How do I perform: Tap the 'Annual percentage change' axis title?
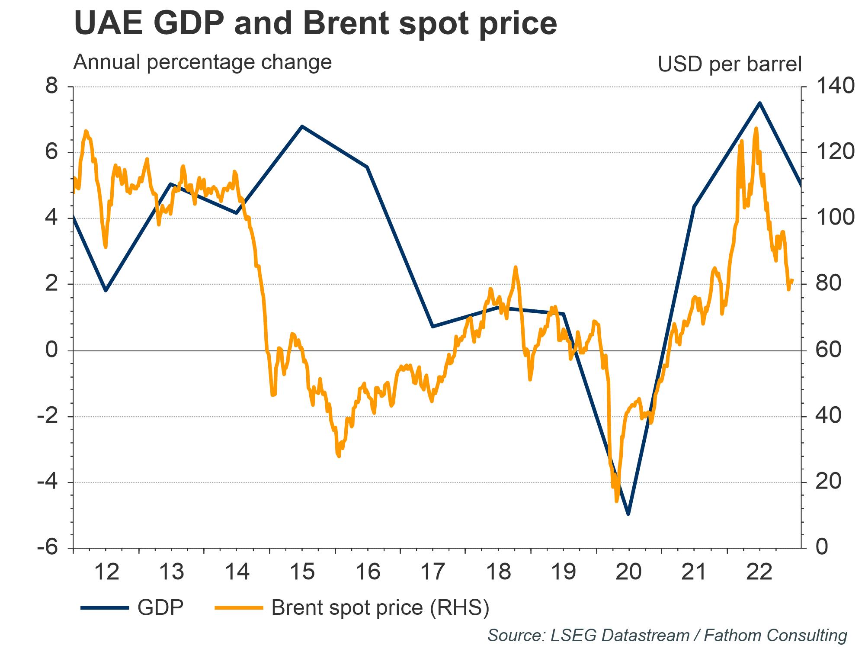202,62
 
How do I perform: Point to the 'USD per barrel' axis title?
730,64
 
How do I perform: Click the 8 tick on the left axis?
52,87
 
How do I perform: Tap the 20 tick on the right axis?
829,482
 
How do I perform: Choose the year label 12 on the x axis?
106,572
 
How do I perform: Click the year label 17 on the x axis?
433,572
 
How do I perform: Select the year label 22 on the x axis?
760,572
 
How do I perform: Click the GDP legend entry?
160,607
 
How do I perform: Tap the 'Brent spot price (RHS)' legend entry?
380,607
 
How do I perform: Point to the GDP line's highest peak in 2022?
759,103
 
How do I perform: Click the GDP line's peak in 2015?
302,126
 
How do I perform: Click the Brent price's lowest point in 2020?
616,501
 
